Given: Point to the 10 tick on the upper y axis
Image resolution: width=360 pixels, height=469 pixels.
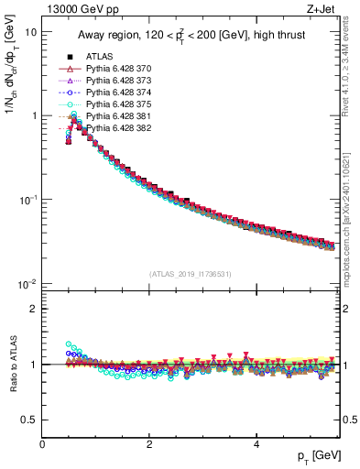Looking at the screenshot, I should point(31,32).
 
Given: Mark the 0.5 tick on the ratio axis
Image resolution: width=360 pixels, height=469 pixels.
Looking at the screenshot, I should point(29,420).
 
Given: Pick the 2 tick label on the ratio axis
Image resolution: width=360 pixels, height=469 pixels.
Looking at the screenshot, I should point(34,309).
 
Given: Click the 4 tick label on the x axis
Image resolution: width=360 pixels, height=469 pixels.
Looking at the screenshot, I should point(256,445).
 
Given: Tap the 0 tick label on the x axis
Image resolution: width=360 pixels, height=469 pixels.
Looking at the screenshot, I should point(42,445).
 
